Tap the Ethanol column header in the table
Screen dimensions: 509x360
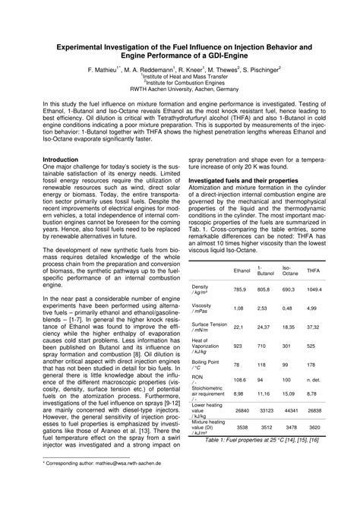tap(242, 270)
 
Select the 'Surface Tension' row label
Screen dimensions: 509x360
tap(213, 324)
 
